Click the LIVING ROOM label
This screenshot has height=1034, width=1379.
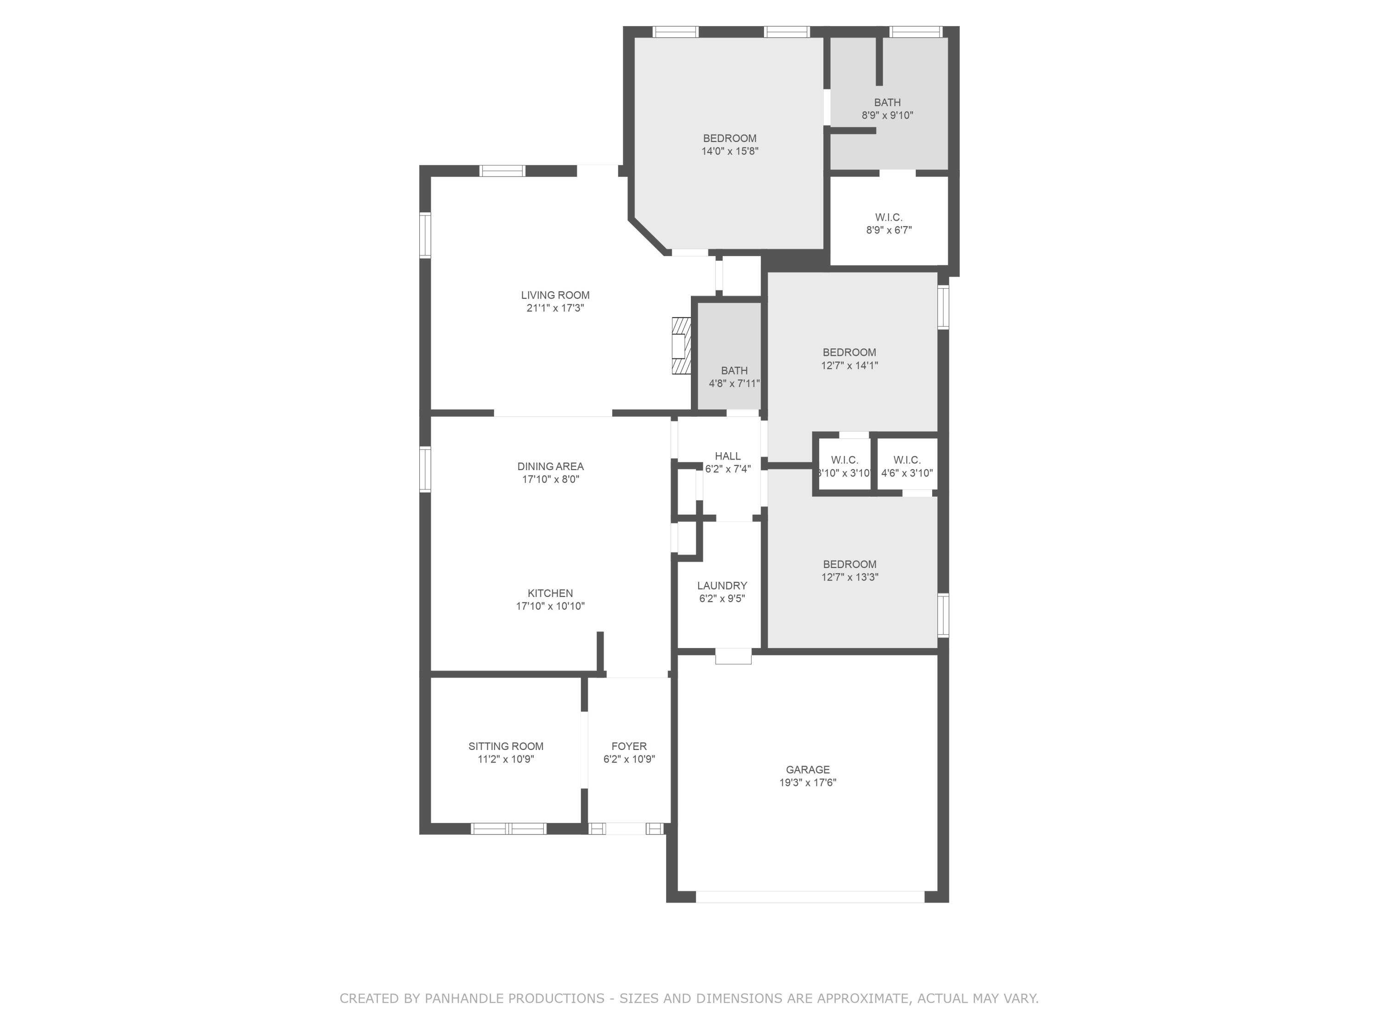(555, 295)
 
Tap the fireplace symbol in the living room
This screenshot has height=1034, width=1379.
(681, 346)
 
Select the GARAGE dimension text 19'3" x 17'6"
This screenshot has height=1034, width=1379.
(807, 783)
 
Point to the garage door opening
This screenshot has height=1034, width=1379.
(809, 897)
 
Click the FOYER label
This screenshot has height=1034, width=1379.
(628, 746)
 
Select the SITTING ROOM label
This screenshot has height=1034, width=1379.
(506, 746)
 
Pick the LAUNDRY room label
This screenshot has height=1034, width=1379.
(721, 585)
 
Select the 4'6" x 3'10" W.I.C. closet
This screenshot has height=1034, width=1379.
(906, 466)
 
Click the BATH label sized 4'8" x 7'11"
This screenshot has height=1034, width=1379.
(734, 371)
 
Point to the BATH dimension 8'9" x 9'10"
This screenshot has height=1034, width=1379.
(887, 115)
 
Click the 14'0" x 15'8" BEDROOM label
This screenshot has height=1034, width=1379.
(729, 138)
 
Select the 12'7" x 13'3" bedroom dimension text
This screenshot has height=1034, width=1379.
(849, 577)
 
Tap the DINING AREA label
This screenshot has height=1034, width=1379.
(550, 466)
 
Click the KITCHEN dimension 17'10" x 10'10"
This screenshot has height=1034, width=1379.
(550, 606)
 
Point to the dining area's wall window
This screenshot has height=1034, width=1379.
(425, 469)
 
